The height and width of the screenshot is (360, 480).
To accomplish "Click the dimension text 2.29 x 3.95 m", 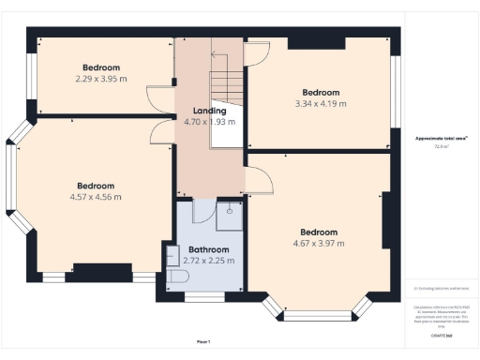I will coord(101,79).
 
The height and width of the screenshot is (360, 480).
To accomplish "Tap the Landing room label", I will coord(208,111).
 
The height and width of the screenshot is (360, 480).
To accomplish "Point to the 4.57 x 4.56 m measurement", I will coord(96,197).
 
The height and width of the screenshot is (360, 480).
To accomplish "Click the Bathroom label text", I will coord(208,248).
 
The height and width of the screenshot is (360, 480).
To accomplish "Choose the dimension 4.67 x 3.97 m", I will coord(319,244).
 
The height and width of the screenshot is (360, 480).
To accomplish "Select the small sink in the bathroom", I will coord(171,255).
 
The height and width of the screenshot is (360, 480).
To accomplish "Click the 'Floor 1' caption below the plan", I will coord(203,340).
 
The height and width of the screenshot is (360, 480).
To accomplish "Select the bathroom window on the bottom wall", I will coord(199,297).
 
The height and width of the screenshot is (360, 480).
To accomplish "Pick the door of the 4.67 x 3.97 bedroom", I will coord(257,179).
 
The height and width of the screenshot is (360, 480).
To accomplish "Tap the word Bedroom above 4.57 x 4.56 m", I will coord(96,186).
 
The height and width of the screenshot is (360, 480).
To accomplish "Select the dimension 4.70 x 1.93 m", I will coord(208,122).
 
